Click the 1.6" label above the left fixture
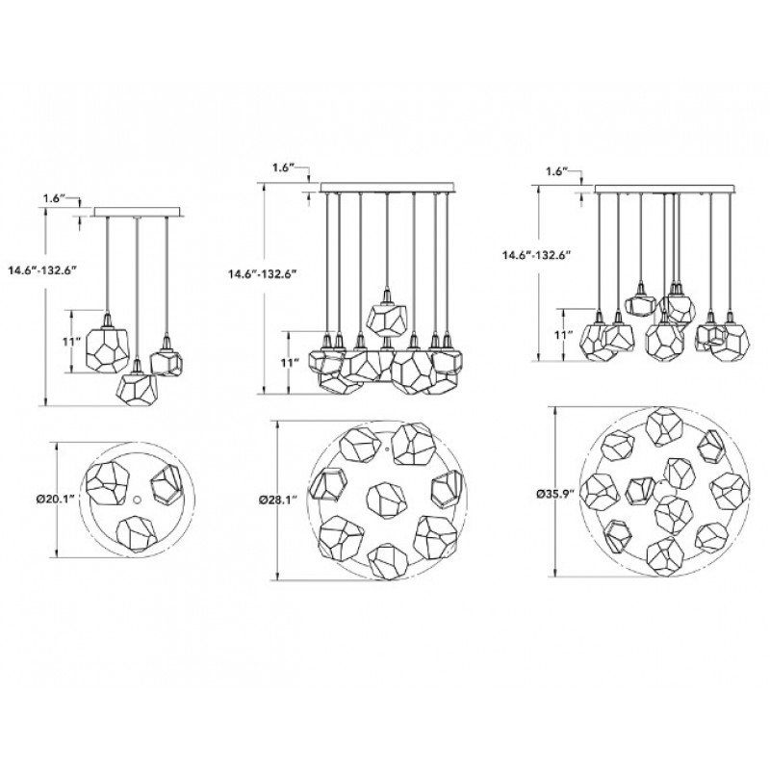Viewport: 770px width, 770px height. coord(54,198)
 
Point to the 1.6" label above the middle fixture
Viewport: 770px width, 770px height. coord(283,167)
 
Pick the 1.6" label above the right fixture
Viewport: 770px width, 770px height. coord(557,171)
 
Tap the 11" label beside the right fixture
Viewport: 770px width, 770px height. coord(549,335)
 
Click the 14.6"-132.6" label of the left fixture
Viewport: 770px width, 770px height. coord(42,270)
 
